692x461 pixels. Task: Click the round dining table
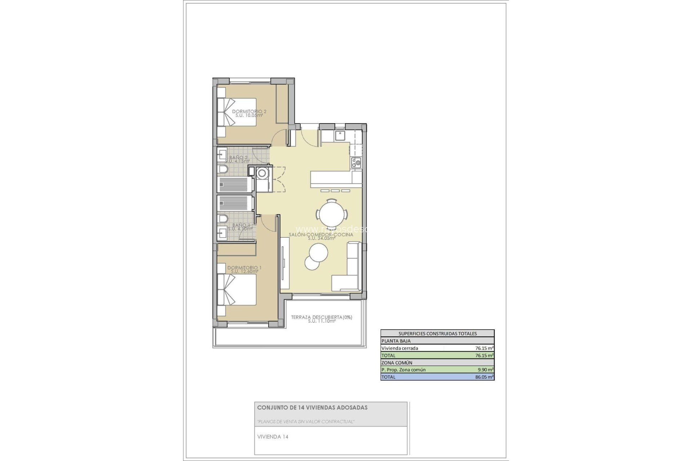click(332, 215)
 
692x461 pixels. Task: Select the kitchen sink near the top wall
click(340, 136)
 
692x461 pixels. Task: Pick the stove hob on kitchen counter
click(356, 163)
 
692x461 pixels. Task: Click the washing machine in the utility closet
click(262, 174)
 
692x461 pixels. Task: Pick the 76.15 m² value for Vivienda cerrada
click(484, 348)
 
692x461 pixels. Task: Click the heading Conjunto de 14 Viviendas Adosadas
click(312, 408)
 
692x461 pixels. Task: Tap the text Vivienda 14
click(272, 437)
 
